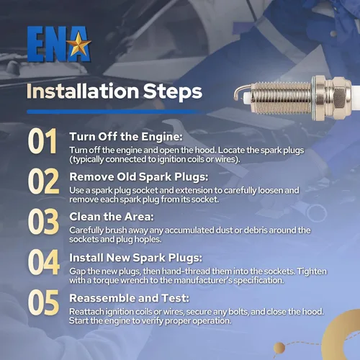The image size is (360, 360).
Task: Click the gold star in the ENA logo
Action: point(78,44)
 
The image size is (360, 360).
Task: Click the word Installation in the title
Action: point(83,91)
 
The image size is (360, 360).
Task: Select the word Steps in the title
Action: point(173,92)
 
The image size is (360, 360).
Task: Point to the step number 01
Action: point(42,141)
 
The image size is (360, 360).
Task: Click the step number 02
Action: point(43,181)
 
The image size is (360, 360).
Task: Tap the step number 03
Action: point(43,222)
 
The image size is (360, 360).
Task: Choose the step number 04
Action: point(44,262)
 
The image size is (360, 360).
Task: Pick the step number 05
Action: point(43,302)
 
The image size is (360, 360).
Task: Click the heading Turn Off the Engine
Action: point(126,137)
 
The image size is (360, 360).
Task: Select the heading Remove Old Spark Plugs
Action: point(139,177)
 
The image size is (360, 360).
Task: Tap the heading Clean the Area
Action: point(112,217)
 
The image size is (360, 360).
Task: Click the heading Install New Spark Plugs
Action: point(136,258)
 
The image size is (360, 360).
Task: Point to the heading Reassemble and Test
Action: point(129,298)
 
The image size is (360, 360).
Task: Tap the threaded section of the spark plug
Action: point(282,98)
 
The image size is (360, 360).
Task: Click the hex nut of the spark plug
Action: point(336,98)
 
